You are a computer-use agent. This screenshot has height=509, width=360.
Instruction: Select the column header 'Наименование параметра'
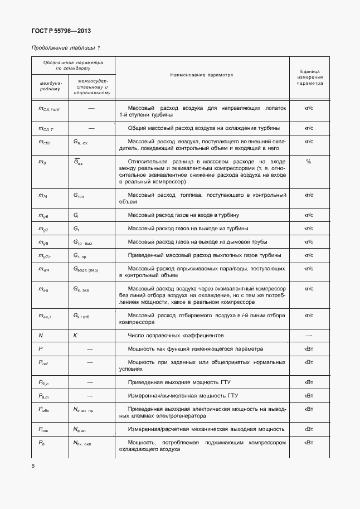click(202, 74)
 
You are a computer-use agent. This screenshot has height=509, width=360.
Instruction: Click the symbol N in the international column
click(41, 336)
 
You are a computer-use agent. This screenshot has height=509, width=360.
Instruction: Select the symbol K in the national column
click(75, 336)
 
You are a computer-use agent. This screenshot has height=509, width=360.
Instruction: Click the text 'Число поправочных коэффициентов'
click(176, 336)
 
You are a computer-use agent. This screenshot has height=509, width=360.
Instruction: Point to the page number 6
click(33, 466)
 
